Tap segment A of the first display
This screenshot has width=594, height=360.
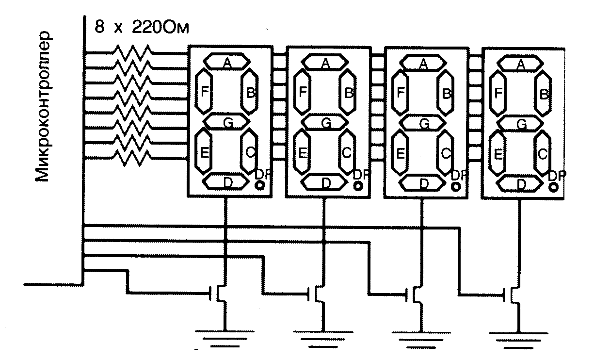click(x=226, y=62)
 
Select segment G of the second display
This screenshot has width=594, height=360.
click(x=326, y=123)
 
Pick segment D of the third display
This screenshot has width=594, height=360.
click(x=424, y=183)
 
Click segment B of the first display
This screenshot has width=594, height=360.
click(x=250, y=92)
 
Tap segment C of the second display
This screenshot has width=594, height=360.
click(x=347, y=152)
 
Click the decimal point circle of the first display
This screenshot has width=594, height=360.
click(x=260, y=185)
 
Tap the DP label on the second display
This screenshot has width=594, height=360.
click(x=360, y=174)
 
